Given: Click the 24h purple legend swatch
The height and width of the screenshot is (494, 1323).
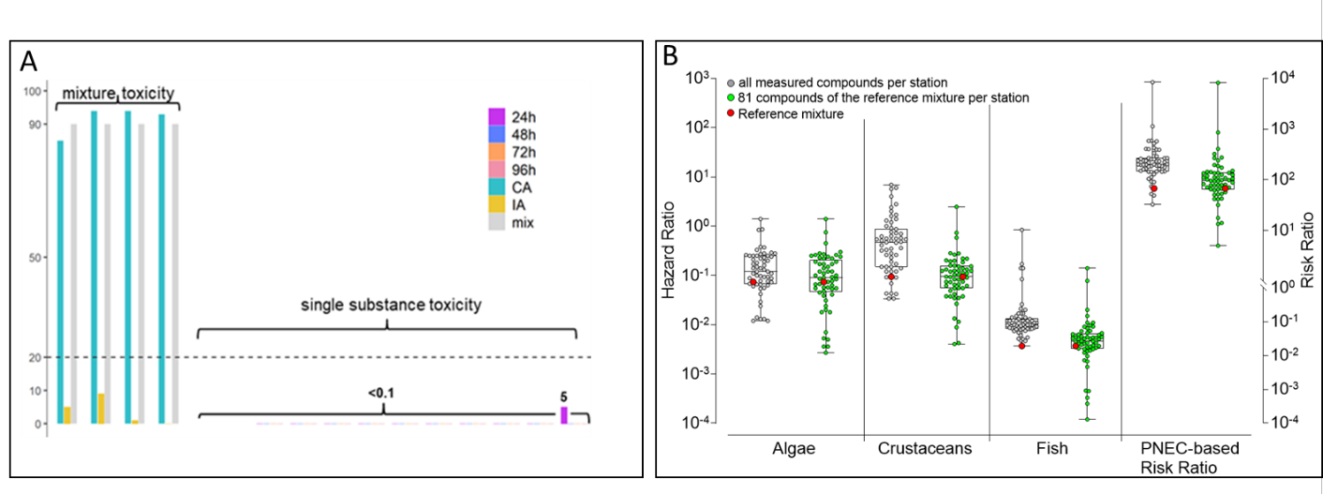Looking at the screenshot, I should (497, 116).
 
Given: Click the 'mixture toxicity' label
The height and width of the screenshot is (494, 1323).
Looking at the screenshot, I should (118, 94).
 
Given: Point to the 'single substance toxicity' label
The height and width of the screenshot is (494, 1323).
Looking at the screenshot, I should (391, 306).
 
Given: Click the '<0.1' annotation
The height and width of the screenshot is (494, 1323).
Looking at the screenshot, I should (380, 393).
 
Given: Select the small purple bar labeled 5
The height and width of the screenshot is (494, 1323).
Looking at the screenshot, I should (564, 415).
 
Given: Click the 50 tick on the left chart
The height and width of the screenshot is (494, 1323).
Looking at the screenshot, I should (37, 257).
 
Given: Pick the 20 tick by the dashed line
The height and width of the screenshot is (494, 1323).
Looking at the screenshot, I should (37, 357).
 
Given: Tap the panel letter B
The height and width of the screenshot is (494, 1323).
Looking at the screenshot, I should (670, 56).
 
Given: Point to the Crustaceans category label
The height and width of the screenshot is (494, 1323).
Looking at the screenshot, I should (925, 449).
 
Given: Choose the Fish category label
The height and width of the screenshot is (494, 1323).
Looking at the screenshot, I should (1054, 449).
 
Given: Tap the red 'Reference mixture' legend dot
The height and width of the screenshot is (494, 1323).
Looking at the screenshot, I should (730, 114).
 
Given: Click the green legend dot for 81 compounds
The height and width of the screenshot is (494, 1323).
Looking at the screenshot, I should (730, 98).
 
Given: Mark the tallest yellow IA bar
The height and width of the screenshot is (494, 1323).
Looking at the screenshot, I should (100, 409).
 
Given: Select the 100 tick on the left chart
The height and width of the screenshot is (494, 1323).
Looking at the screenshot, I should (35, 91).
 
